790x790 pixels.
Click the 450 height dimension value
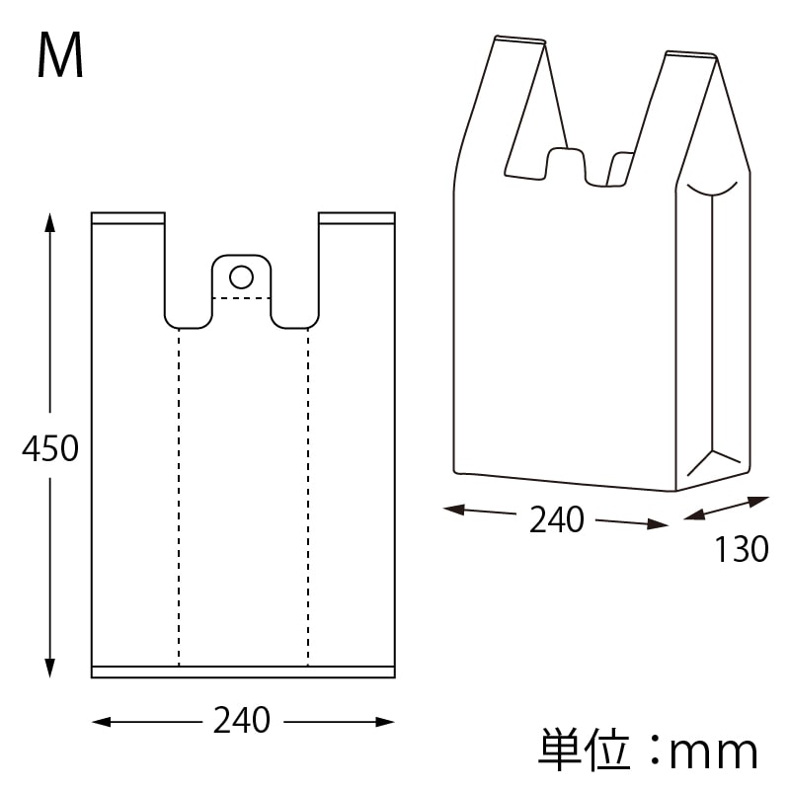pyautogui.click(x=50, y=449)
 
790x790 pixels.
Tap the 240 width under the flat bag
pyautogui.click(x=242, y=721)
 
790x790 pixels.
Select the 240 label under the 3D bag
pyautogui.click(x=557, y=519)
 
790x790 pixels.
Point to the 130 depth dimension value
pyautogui.click(x=741, y=550)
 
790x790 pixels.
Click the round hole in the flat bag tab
pyautogui.click(x=241, y=276)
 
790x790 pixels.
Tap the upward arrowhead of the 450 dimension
pyautogui.click(x=50, y=220)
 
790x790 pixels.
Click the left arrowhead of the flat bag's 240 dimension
pyautogui.click(x=100, y=723)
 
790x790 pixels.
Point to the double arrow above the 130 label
pyautogui.click(x=727, y=510)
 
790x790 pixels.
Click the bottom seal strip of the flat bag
pyautogui.click(x=243, y=671)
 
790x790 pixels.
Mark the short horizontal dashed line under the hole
pyautogui.click(x=242, y=297)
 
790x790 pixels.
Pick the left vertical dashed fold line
pyautogui.click(x=179, y=494)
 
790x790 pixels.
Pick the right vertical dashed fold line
pyautogui.click(x=308, y=494)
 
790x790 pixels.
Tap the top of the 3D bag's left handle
pyautogui.click(x=519, y=40)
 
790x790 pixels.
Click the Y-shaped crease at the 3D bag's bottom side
pyautogui.click(x=712, y=460)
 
